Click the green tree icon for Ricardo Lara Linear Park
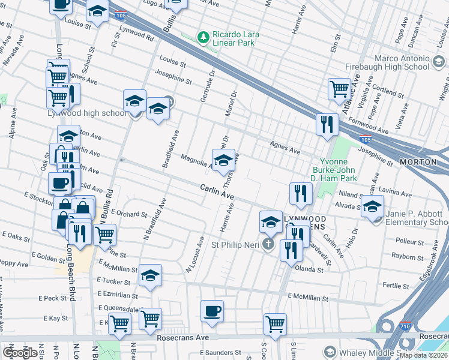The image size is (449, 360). coord(203,37)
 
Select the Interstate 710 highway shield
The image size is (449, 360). coord(404,326)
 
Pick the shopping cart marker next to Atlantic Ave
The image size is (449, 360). coord(339,89)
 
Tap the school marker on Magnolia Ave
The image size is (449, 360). coord(223,160)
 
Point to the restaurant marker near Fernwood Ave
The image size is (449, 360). coord(327,125)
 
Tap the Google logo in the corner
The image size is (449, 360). coord(20,353)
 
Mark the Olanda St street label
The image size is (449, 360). coord(309,270)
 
